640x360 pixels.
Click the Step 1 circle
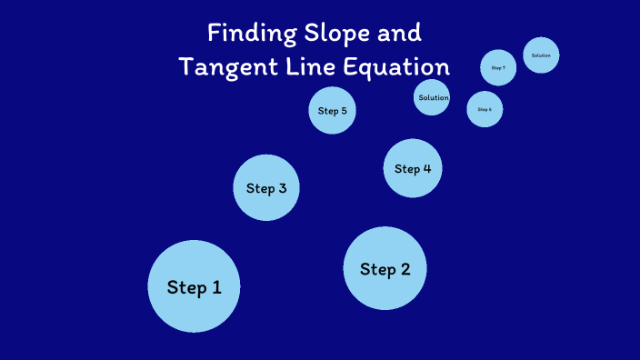tap(194, 286)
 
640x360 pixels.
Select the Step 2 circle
tap(385, 268)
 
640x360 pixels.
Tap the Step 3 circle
tap(266, 188)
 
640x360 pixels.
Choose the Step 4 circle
tap(413, 168)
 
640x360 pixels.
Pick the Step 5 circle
tap(332, 111)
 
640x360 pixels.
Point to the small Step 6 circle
tap(485, 109)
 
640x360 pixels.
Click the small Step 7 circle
tap(498, 67)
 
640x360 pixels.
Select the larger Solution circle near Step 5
tap(432, 97)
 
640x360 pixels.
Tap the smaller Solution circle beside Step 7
tap(541, 55)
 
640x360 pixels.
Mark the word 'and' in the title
tap(401, 34)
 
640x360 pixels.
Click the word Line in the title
tap(309, 67)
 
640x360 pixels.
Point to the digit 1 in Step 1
tap(216, 287)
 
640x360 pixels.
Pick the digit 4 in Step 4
tap(426, 168)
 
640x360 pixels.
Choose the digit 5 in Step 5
tap(344, 111)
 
